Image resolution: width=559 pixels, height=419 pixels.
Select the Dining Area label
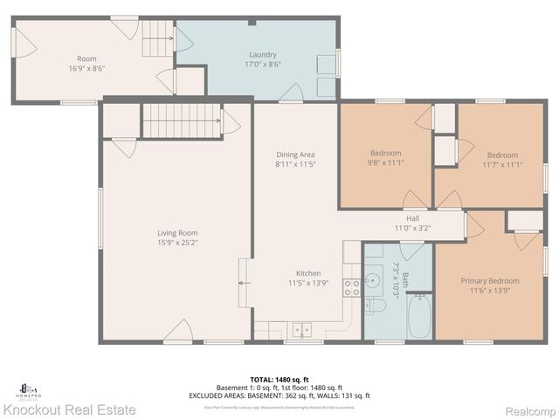294,154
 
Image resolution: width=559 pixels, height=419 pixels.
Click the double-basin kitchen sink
301,330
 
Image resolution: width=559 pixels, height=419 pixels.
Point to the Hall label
412,218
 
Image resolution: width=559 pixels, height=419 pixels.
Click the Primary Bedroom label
489,281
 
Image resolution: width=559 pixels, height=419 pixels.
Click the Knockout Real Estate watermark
70,409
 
